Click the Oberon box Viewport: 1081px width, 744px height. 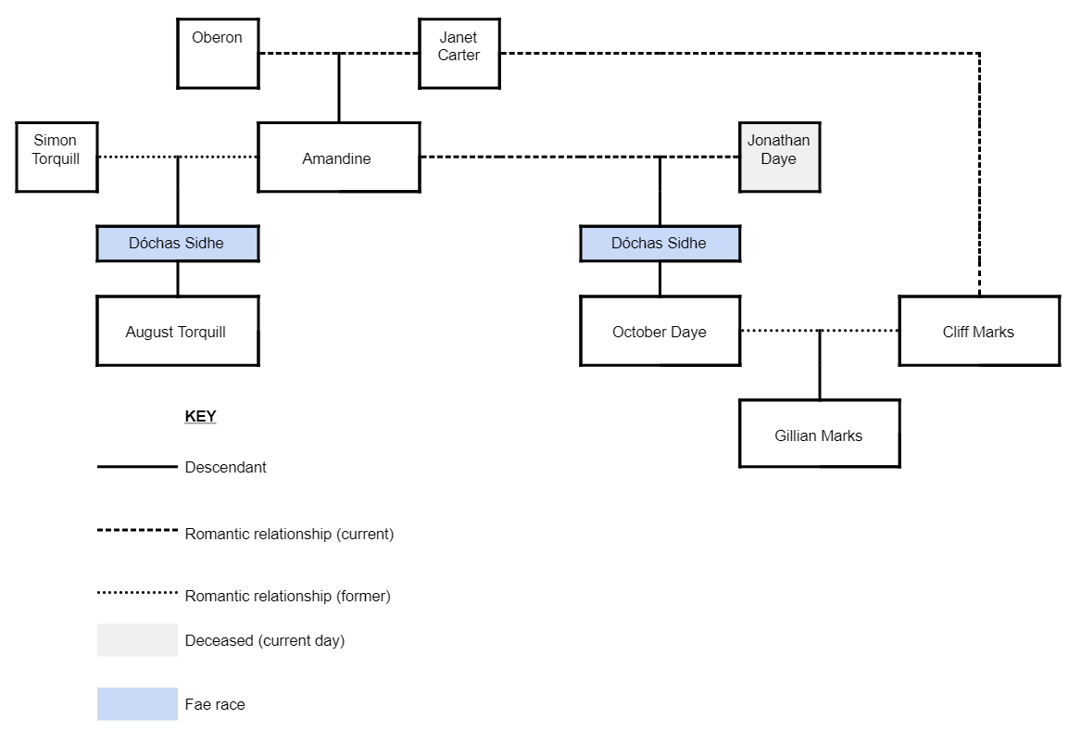(218, 54)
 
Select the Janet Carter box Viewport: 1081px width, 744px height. (459, 54)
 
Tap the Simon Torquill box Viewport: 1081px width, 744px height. (57, 158)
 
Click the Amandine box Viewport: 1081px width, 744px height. (338, 158)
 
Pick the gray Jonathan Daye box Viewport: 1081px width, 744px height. (779, 158)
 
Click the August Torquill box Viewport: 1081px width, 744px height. (177, 331)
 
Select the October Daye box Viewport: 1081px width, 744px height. (660, 331)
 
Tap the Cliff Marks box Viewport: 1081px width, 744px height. (979, 331)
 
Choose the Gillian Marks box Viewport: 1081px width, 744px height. (819, 434)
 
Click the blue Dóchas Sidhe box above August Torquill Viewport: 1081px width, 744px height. (177, 244)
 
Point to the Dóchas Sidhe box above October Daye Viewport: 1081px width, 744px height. (660, 244)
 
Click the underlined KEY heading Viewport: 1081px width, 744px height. (200, 416)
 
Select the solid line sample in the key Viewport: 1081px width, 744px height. (137, 467)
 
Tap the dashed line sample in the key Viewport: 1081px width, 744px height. (137, 531)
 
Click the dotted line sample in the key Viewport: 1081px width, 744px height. (137, 593)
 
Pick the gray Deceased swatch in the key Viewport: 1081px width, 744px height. (137, 640)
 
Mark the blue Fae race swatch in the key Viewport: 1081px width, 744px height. (137, 704)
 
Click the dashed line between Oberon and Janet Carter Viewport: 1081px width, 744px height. (296, 54)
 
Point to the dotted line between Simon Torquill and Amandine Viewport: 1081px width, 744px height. (139, 158)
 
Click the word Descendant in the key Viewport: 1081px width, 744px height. (225, 467)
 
